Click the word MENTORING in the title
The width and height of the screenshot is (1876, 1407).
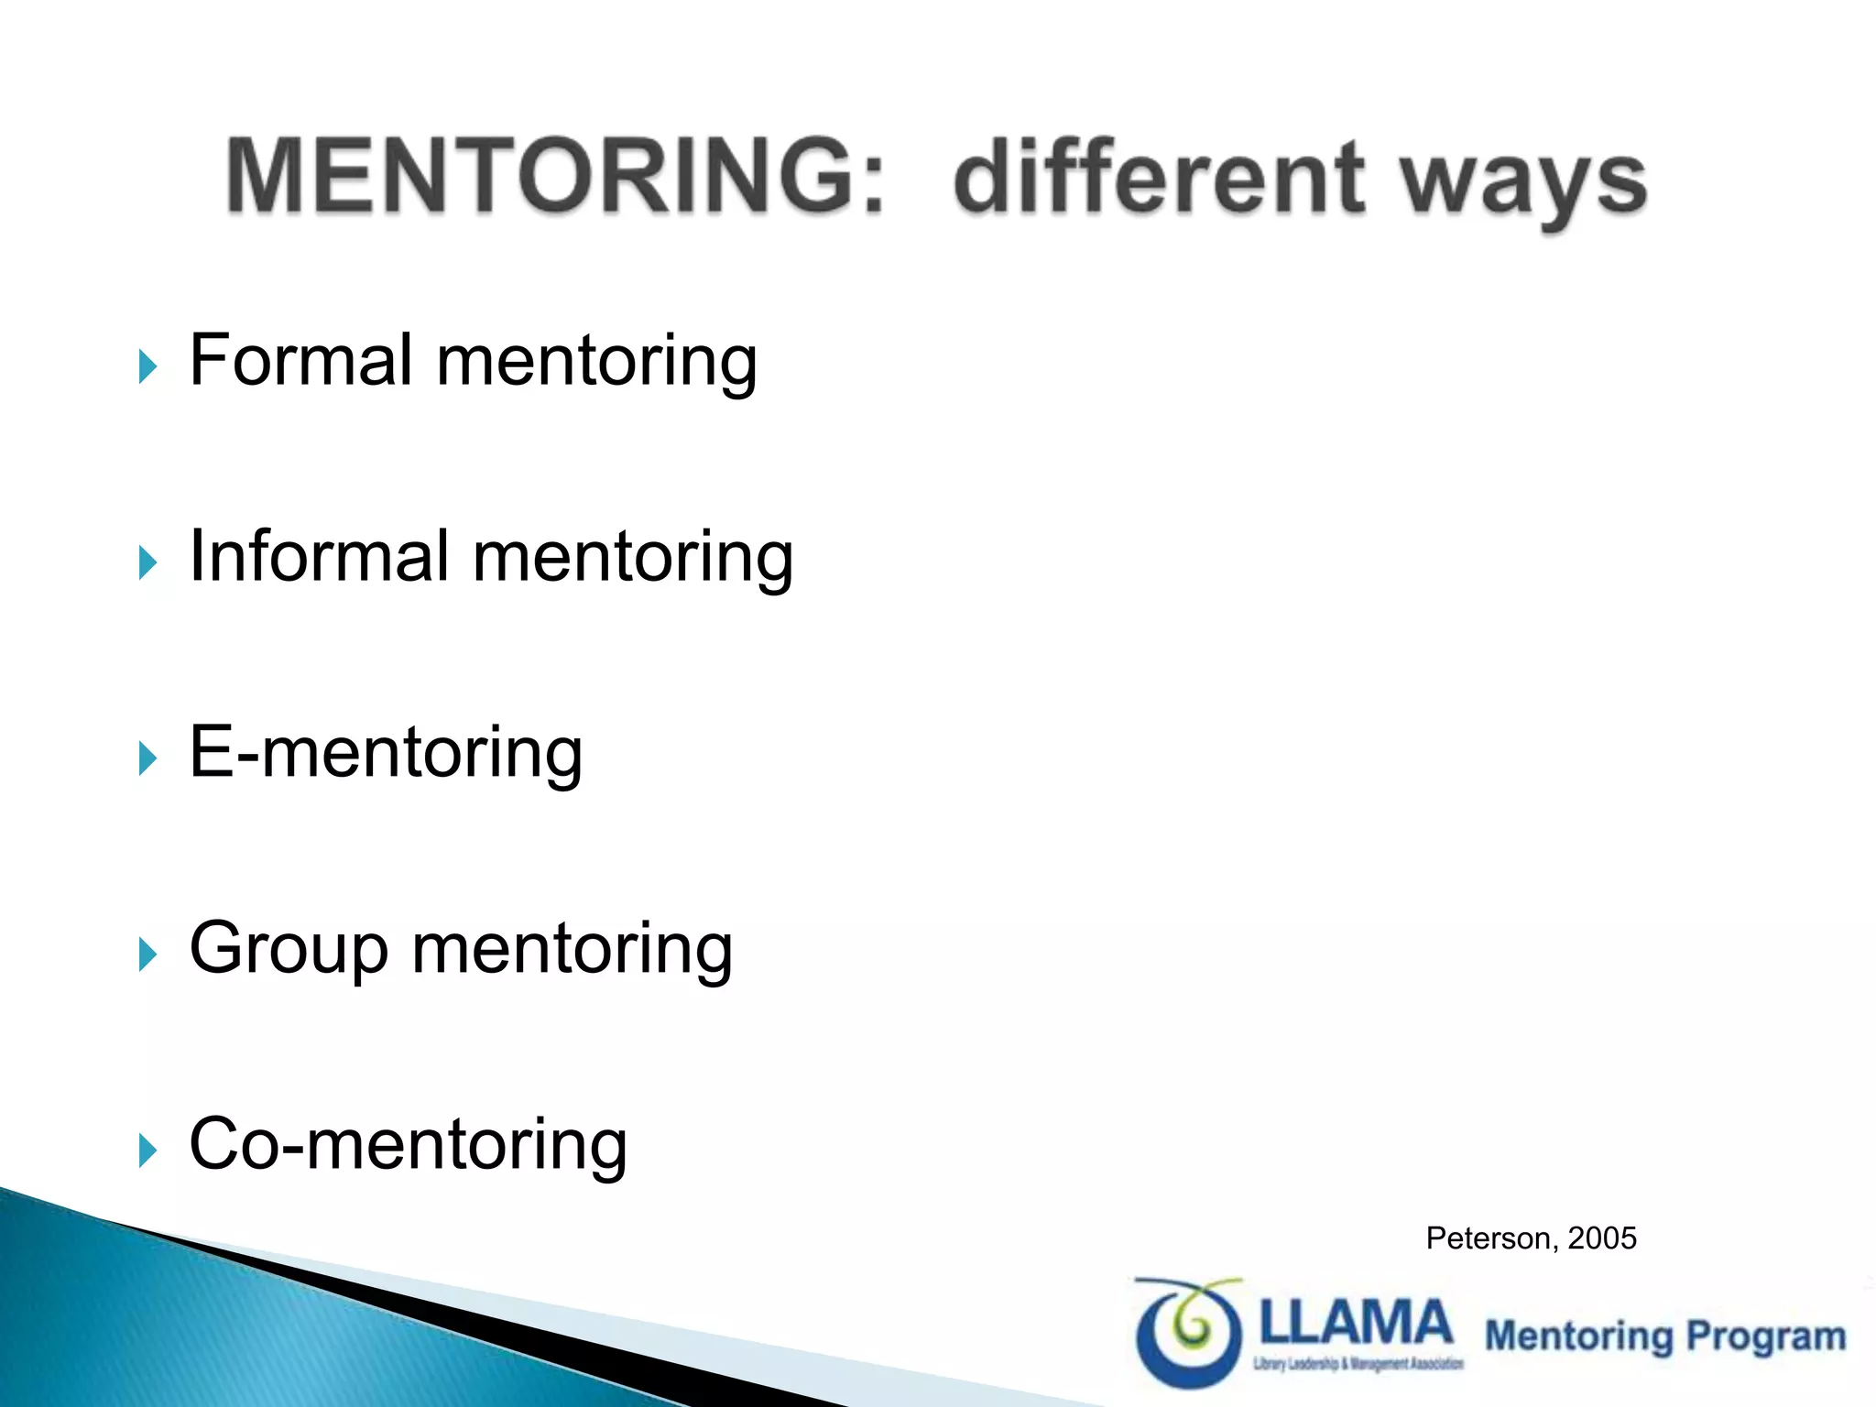pyautogui.click(x=540, y=176)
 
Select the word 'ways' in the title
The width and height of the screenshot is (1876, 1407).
pyautogui.click(x=1524, y=183)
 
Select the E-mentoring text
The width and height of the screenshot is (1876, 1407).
pyautogui.click(x=386, y=752)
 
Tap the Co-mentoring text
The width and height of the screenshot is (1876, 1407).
pyautogui.click(x=408, y=1145)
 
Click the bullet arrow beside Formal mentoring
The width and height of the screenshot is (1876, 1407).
pyautogui.click(x=147, y=366)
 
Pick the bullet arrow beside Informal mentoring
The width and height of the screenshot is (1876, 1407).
pyautogui.click(x=147, y=562)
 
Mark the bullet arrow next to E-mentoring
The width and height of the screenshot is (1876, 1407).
pyautogui.click(x=147, y=758)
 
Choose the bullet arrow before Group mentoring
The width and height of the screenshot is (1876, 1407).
pyautogui.click(x=147, y=954)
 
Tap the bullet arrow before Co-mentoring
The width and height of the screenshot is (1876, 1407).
pyautogui.click(x=147, y=1151)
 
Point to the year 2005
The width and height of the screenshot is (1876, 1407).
pyautogui.click(x=1602, y=1238)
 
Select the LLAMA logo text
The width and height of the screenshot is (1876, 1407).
pyautogui.click(x=1357, y=1323)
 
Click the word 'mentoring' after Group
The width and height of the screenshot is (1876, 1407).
pyautogui.click(x=573, y=949)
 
